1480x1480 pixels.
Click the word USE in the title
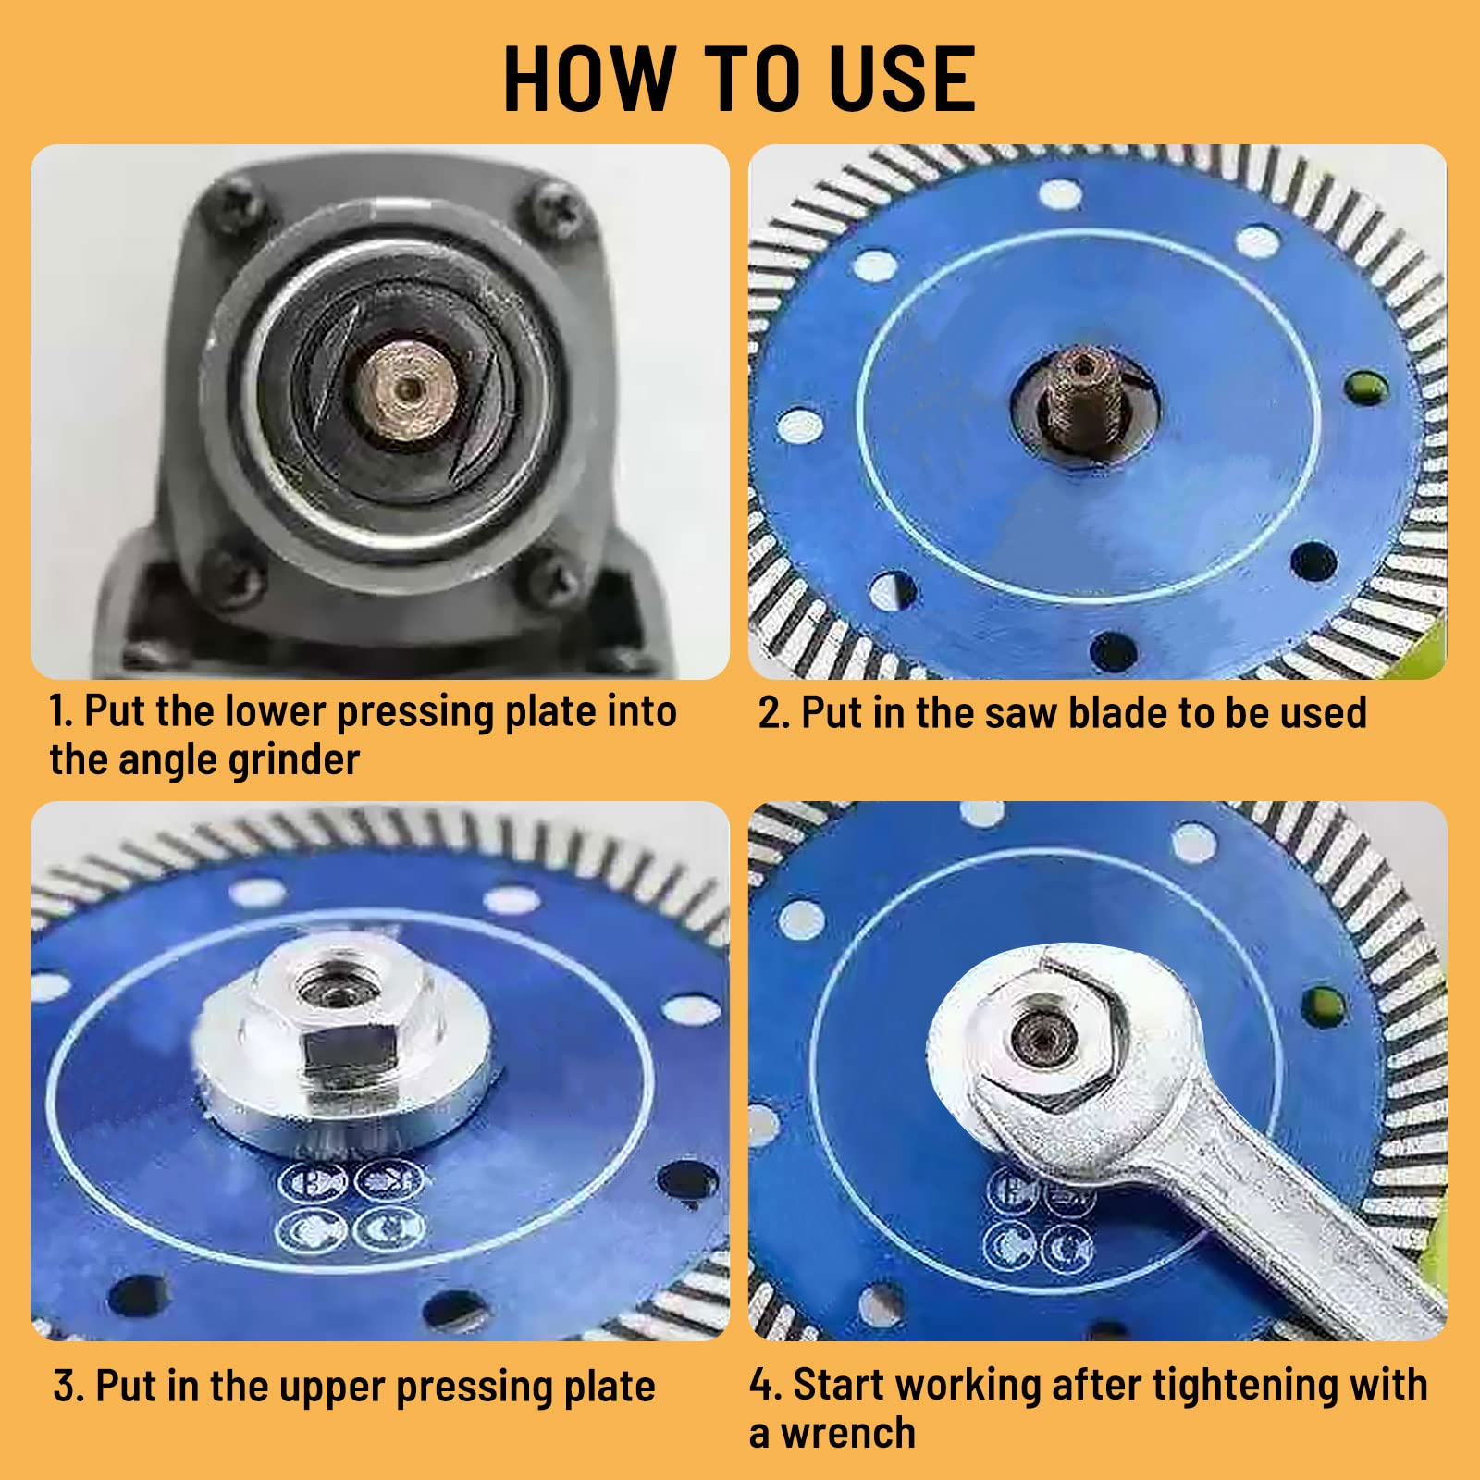coord(902,79)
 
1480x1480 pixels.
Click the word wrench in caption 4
coord(847,1433)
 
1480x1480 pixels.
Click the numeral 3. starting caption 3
coord(69,1387)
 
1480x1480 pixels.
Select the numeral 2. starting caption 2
coord(773,713)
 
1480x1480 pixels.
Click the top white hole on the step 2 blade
coord(1060,195)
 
